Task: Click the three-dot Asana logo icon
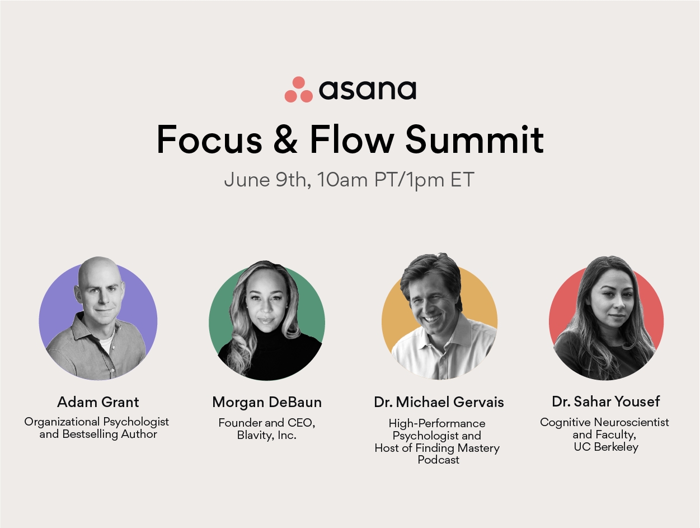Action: pyautogui.click(x=298, y=90)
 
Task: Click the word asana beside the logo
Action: pyautogui.click(x=367, y=90)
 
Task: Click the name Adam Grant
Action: pyautogui.click(x=98, y=402)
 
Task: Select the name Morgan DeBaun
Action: pyautogui.click(x=267, y=402)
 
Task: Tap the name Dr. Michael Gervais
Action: pyautogui.click(x=439, y=402)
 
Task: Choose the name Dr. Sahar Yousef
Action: pyautogui.click(x=606, y=401)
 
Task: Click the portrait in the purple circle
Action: pyautogui.click(x=98, y=321)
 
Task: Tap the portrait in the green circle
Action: pyautogui.click(x=267, y=321)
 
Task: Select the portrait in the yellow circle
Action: pyautogui.click(x=439, y=321)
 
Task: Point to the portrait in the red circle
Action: pyautogui.click(x=606, y=321)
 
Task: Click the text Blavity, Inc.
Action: pyautogui.click(x=267, y=436)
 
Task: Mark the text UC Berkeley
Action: pyautogui.click(x=606, y=447)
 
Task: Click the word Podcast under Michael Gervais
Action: pyautogui.click(x=439, y=460)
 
